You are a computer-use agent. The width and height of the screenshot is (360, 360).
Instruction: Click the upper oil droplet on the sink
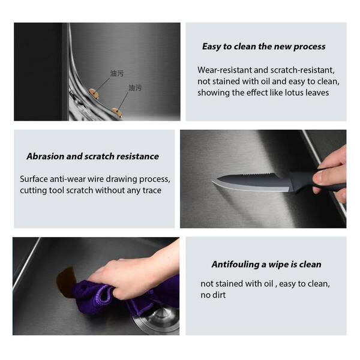pyautogui.click(x=94, y=94)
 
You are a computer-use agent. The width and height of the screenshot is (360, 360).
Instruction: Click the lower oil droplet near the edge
pyautogui.click(x=117, y=113)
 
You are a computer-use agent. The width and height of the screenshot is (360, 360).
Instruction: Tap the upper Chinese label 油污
pyautogui.click(x=117, y=73)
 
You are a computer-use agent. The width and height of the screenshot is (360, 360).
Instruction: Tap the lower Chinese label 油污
pyautogui.click(x=135, y=88)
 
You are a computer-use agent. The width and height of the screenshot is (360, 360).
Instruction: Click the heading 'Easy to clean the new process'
pyautogui.click(x=264, y=47)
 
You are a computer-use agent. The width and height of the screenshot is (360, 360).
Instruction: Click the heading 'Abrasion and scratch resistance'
pyautogui.click(x=93, y=157)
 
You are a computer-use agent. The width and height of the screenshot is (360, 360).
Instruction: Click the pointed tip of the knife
pyautogui.click(x=213, y=181)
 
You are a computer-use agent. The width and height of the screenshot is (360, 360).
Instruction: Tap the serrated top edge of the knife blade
pyautogui.click(x=259, y=175)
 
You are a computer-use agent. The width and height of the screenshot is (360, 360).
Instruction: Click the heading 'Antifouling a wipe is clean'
pyautogui.click(x=266, y=264)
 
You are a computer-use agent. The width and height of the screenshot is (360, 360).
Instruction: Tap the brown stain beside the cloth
pyautogui.click(x=65, y=282)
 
